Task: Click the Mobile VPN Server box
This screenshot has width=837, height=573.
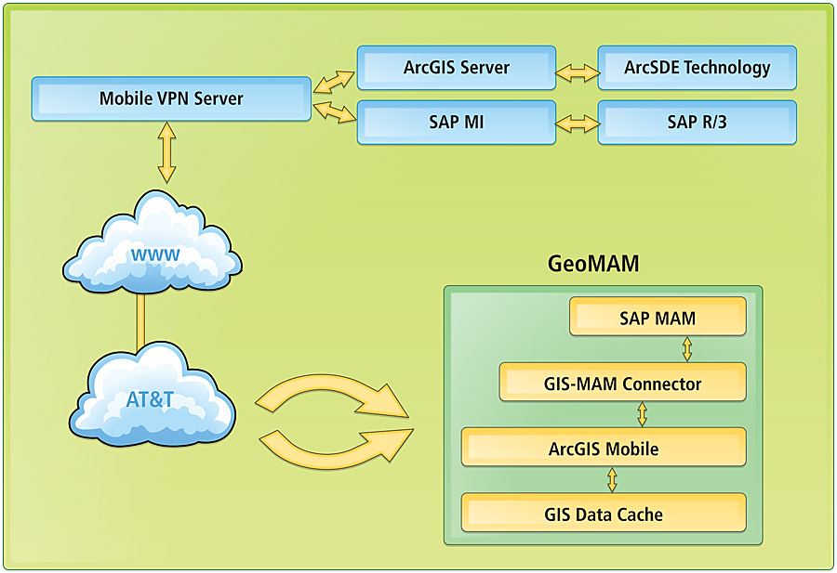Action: (x=171, y=98)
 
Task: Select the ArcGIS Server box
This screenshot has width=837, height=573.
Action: (x=457, y=68)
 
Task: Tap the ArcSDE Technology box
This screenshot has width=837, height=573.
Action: (x=697, y=68)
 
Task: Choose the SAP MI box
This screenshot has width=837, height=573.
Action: (x=457, y=122)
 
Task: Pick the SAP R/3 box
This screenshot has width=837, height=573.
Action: (x=697, y=122)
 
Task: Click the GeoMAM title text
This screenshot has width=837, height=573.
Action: (x=592, y=264)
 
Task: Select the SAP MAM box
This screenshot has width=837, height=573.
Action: (x=658, y=318)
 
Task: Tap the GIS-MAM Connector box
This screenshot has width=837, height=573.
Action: (x=622, y=383)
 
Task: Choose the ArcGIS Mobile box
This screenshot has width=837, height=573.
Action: (x=604, y=448)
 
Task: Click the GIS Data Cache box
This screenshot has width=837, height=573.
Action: (x=604, y=513)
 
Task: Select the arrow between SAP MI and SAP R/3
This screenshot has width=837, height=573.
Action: (x=577, y=122)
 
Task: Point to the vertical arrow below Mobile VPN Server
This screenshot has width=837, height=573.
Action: (x=166, y=151)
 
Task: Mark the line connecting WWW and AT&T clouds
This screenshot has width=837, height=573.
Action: (x=141, y=321)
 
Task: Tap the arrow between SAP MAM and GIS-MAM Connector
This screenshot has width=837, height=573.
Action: (x=687, y=348)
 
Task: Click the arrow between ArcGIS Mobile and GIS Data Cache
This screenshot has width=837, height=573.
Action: (x=612, y=479)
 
